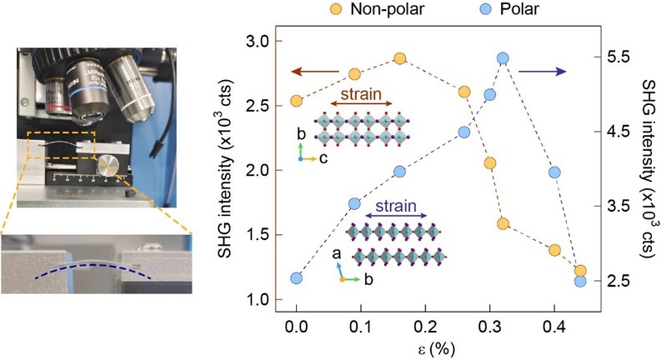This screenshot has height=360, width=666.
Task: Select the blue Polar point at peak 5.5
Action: [x=503, y=58]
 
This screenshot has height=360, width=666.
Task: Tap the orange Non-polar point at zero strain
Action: [x=296, y=101]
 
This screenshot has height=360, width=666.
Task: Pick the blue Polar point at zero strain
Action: [x=296, y=277]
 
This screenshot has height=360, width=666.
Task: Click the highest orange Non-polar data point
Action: [x=399, y=58]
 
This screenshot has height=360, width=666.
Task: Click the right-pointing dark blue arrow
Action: [x=542, y=72]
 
